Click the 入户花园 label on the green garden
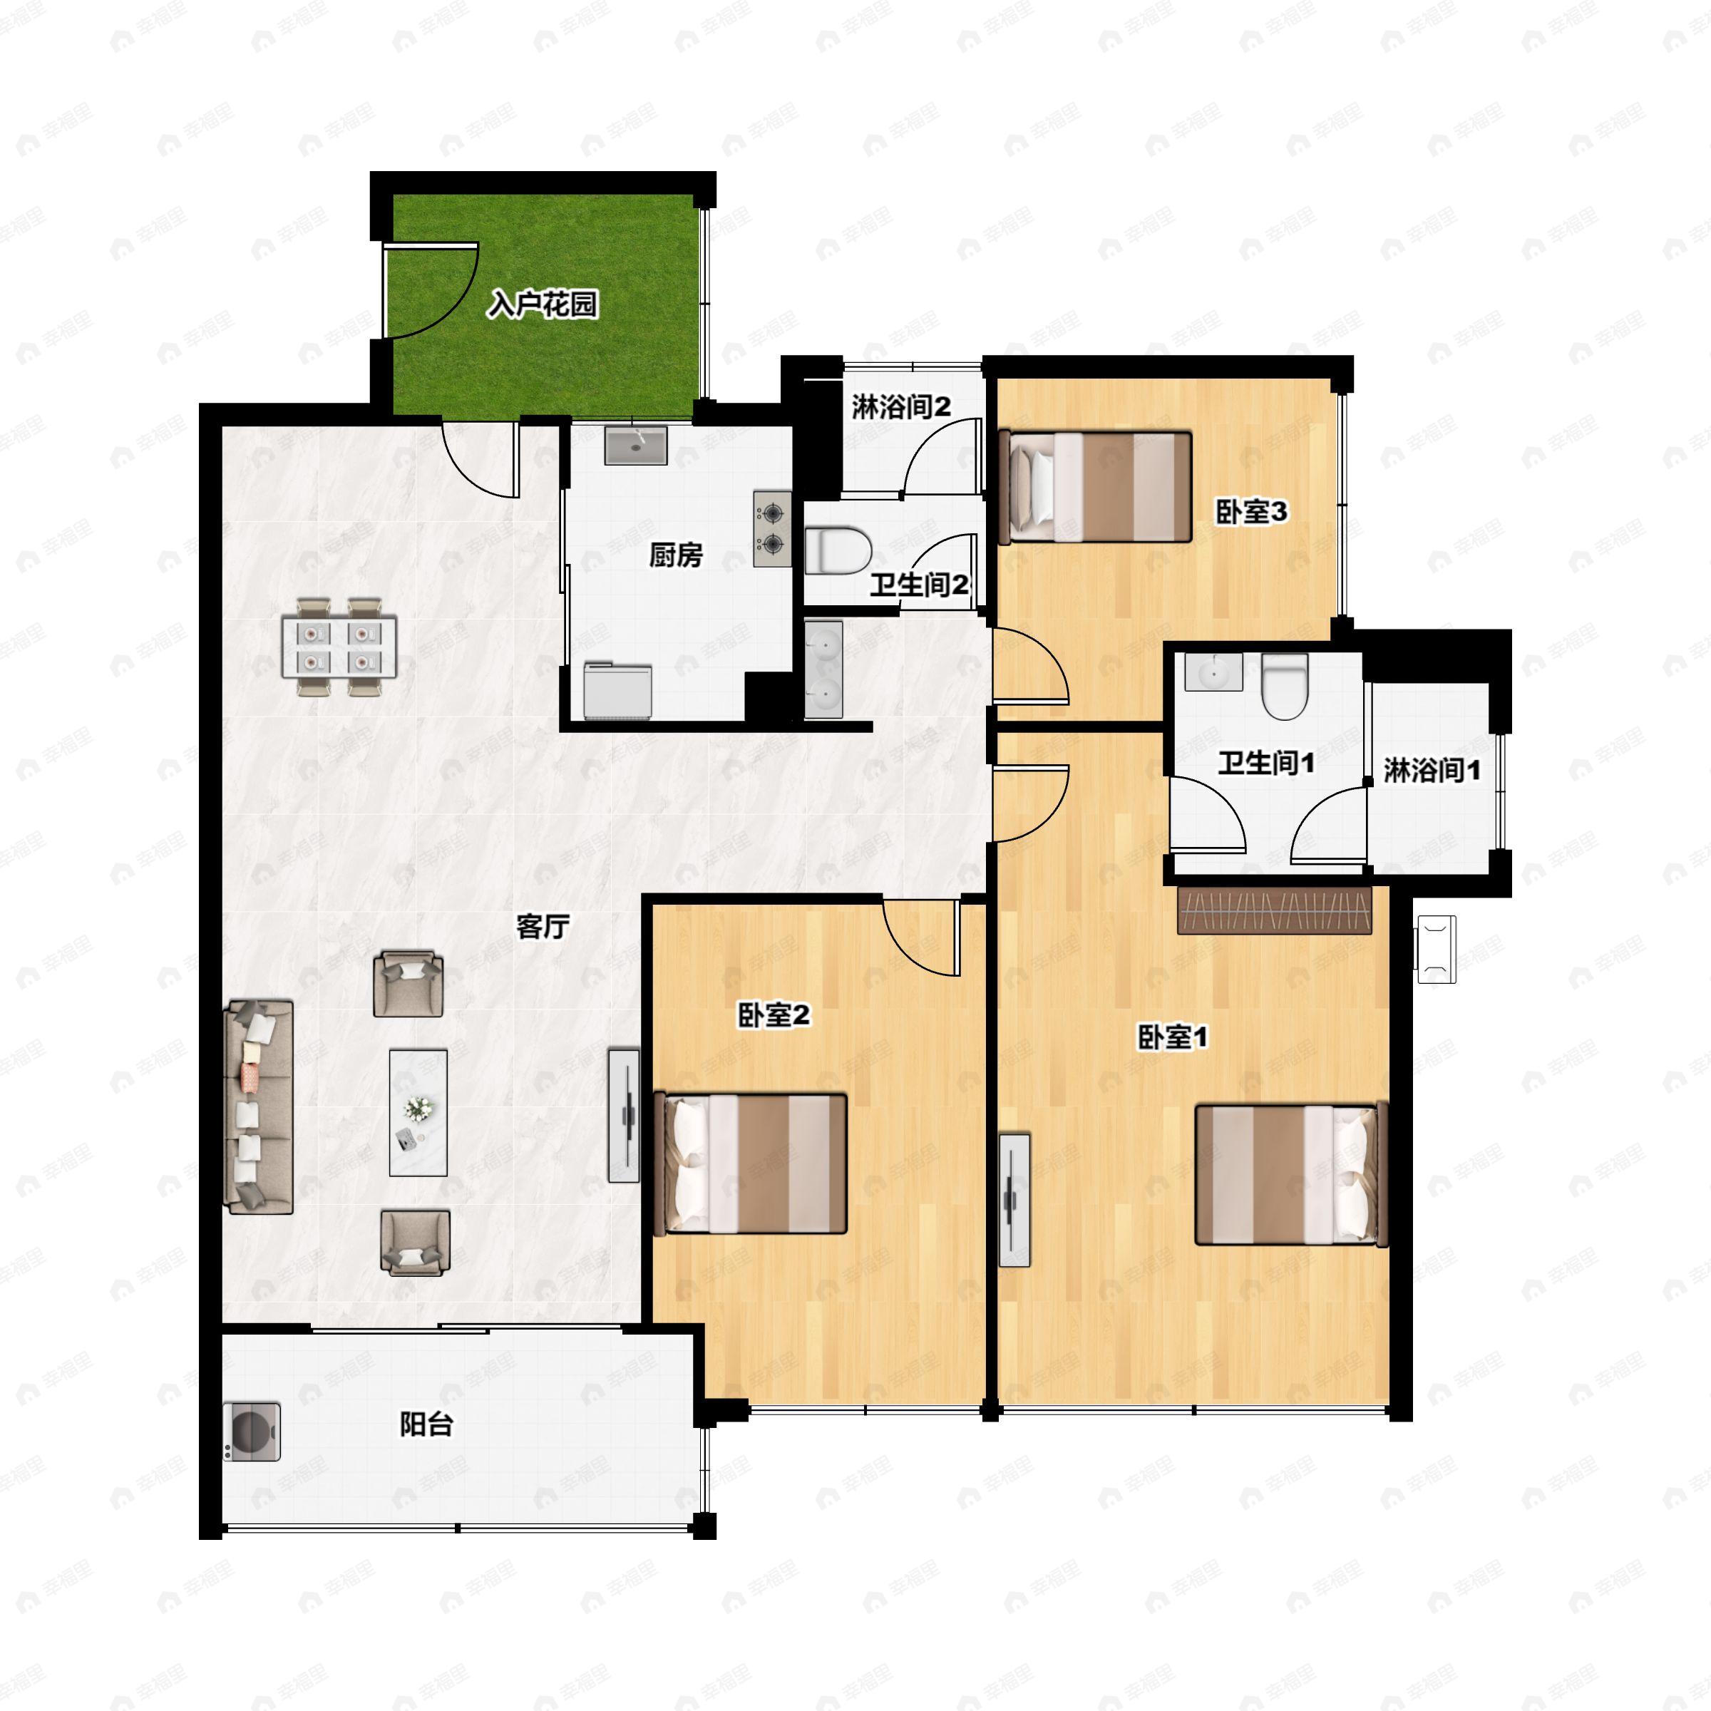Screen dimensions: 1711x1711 [x=543, y=304]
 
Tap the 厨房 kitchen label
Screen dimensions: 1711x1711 [x=676, y=555]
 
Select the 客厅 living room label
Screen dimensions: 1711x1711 [x=542, y=928]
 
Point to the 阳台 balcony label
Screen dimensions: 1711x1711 [x=426, y=1425]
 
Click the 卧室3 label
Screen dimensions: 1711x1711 [x=1250, y=512]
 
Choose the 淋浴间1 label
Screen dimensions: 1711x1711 [x=1431, y=771]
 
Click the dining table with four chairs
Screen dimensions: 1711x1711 [x=339, y=647]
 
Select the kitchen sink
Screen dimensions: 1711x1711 [x=636, y=446]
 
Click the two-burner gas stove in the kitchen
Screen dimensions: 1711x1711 [x=772, y=529]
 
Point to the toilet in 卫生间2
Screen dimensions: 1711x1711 [x=838, y=550]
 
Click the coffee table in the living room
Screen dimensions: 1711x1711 [x=418, y=1113]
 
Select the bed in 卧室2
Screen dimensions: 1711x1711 [x=750, y=1163]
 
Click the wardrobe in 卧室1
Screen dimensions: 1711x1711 [x=1275, y=909]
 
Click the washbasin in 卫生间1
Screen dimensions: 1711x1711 [x=1213, y=672]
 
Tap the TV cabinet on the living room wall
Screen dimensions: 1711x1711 [x=624, y=1116]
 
